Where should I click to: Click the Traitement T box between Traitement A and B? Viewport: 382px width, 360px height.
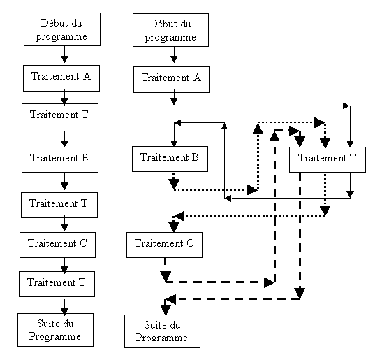pyautogui.click(x=60, y=116)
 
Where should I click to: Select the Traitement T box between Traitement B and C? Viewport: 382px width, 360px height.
pyautogui.click(x=59, y=205)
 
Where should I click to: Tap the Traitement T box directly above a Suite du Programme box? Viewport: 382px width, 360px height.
pyautogui.click(x=57, y=284)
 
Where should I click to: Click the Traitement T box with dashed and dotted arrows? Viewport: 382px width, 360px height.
pyautogui.click(x=328, y=160)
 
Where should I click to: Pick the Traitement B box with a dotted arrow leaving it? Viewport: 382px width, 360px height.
pyautogui.click(x=170, y=159)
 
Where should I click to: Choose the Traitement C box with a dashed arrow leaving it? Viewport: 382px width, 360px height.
pyautogui.click(x=164, y=245)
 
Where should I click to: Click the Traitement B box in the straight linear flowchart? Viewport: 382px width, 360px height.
pyautogui.click(x=60, y=160)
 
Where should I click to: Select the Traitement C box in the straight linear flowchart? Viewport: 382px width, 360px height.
pyautogui.click(x=57, y=245)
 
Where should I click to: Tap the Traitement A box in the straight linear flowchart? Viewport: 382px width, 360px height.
pyautogui.click(x=61, y=78)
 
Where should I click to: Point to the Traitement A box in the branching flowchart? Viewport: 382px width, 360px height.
pyautogui.click(x=171, y=80)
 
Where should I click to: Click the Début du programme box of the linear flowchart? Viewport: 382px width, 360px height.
pyautogui.click(x=62, y=29)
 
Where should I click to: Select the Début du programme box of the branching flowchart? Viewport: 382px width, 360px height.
pyautogui.click(x=170, y=30)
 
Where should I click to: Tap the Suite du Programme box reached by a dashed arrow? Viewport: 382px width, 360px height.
pyautogui.click(x=162, y=331)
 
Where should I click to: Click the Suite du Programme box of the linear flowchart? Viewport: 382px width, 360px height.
pyautogui.click(x=56, y=330)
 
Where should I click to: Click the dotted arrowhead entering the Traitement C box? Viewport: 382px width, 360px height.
pyautogui.click(x=174, y=227)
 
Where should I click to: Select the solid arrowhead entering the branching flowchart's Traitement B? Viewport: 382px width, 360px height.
pyautogui.click(x=174, y=144)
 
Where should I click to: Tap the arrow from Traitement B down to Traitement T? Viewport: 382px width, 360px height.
pyautogui.click(x=64, y=182)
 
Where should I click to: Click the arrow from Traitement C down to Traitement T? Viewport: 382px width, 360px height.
pyautogui.click(x=64, y=266)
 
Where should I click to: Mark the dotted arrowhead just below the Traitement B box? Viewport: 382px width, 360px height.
pyautogui.click(x=174, y=185)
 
